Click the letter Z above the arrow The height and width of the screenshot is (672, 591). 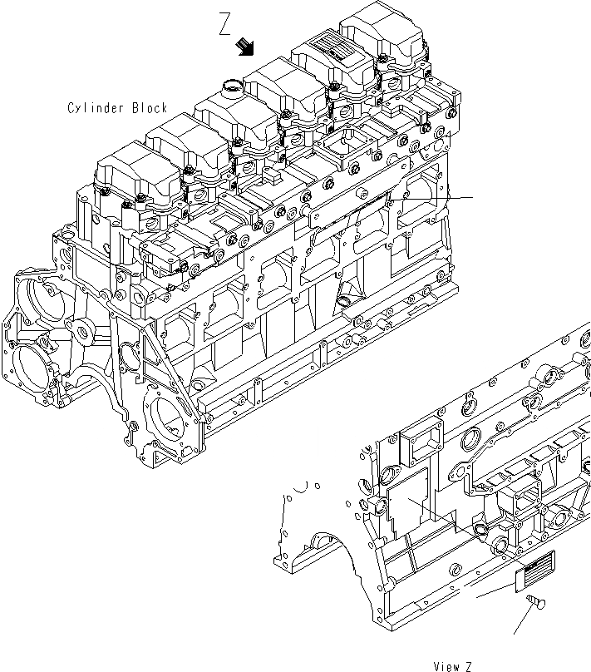225,24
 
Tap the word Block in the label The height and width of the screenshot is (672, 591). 150,108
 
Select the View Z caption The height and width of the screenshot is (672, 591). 452,665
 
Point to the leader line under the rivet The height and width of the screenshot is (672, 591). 522,620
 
